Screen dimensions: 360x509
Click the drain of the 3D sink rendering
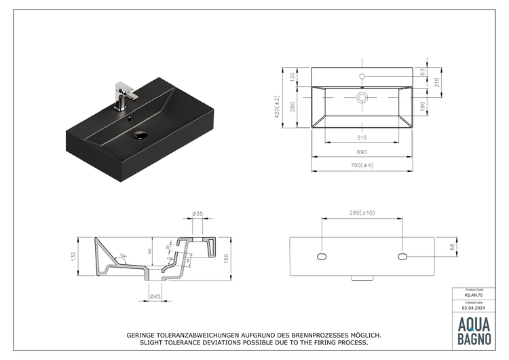(x=140, y=134)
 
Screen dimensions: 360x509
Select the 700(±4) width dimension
(x=362, y=165)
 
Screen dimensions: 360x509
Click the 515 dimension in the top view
(x=362, y=137)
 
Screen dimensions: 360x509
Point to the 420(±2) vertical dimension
(x=276, y=107)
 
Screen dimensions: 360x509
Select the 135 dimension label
(x=293, y=77)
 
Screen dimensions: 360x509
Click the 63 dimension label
(x=423, y=71)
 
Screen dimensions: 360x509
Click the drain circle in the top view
(x=362, y=98)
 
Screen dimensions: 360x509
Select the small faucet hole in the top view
(x=362, y=76)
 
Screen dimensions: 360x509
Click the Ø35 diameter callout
(x=197, y=213)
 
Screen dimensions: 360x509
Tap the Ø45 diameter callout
(x=155, y=296)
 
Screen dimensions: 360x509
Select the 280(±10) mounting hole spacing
(x=362, y=213)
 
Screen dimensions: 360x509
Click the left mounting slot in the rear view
(x=322, y=256)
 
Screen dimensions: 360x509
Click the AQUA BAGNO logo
(x=474, y=329)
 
